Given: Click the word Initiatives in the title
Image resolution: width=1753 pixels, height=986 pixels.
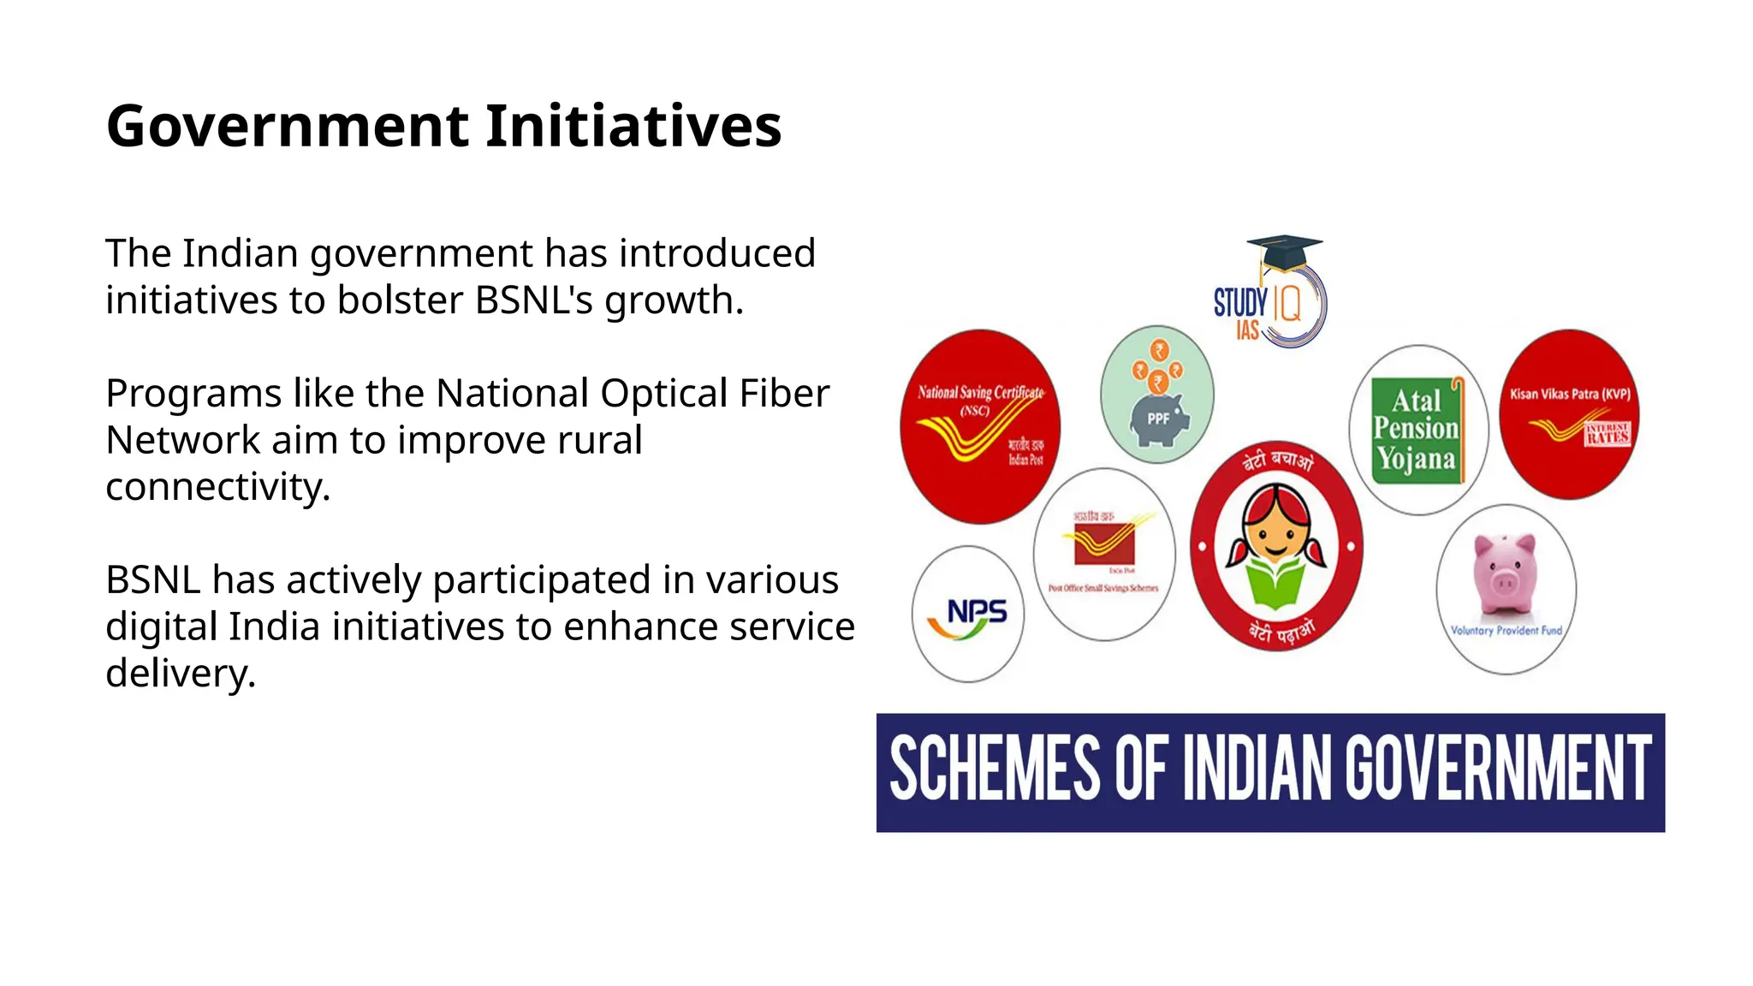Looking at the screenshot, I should click(633, 127).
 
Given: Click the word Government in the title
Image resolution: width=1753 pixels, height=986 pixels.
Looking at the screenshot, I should click(288, 127).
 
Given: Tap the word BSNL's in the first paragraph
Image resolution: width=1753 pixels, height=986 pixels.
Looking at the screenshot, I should click(533, 300).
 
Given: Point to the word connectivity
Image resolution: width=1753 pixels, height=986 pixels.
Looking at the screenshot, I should click(217, 487).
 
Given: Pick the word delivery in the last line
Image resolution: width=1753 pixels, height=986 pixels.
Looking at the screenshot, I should click(180, 674).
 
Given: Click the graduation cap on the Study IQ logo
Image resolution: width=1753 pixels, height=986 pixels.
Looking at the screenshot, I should click(1283, 252).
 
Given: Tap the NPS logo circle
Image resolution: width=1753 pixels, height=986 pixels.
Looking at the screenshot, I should click(968, 615).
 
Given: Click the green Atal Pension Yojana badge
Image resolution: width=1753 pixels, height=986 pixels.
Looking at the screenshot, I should click(1417, 430).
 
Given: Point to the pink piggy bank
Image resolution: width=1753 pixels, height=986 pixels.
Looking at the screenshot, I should click(1504, 573).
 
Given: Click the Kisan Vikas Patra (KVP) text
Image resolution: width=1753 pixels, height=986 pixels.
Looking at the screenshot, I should click(1569, 395).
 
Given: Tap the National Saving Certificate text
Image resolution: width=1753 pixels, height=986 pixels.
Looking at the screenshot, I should click(980, 393).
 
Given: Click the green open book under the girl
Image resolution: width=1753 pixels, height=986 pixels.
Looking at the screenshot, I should click(1275, 583).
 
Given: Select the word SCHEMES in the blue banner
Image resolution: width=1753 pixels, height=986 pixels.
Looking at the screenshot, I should click(995, 769).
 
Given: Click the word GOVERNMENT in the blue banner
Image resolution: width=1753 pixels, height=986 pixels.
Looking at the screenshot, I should click(1497, 769).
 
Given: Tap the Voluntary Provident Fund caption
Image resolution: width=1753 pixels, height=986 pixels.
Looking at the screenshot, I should click(1506, 631).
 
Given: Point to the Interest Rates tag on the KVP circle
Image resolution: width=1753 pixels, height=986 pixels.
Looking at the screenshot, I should click(1607, 434).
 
